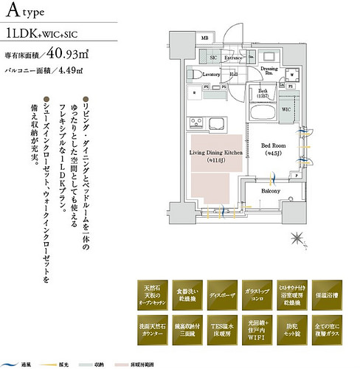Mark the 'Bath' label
pos(263,92)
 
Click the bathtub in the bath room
pos(262,114)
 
